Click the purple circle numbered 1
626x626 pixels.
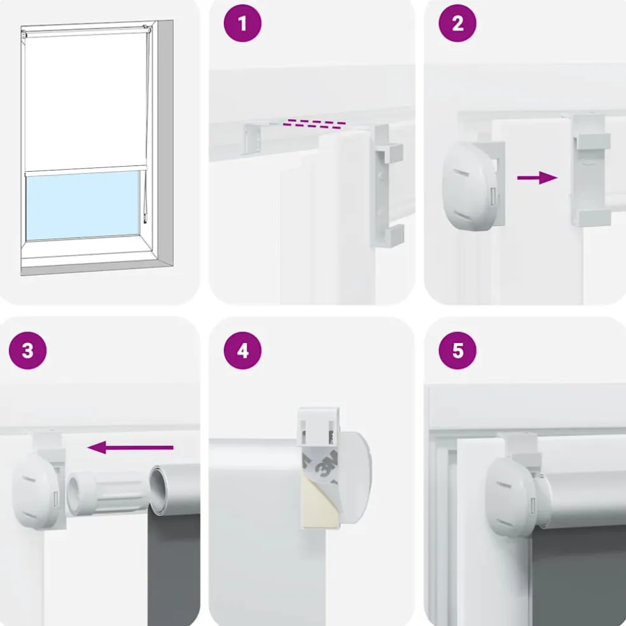click(242, 23)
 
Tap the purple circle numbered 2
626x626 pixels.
click(457, 23)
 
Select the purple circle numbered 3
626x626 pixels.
click(27, 351)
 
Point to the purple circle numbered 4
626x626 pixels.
click(242, 351)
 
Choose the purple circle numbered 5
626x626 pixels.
click(457, 351)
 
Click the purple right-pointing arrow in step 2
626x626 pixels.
click(537, 177)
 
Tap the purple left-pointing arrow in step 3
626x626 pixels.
click(130, 447)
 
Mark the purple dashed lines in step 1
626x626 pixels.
click(315, 124)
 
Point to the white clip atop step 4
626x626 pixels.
click(319, 426)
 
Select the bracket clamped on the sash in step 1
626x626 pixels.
click(388, 186)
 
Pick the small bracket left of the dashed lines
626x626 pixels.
click(254, 138)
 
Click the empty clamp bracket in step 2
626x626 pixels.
click(590, 170)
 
